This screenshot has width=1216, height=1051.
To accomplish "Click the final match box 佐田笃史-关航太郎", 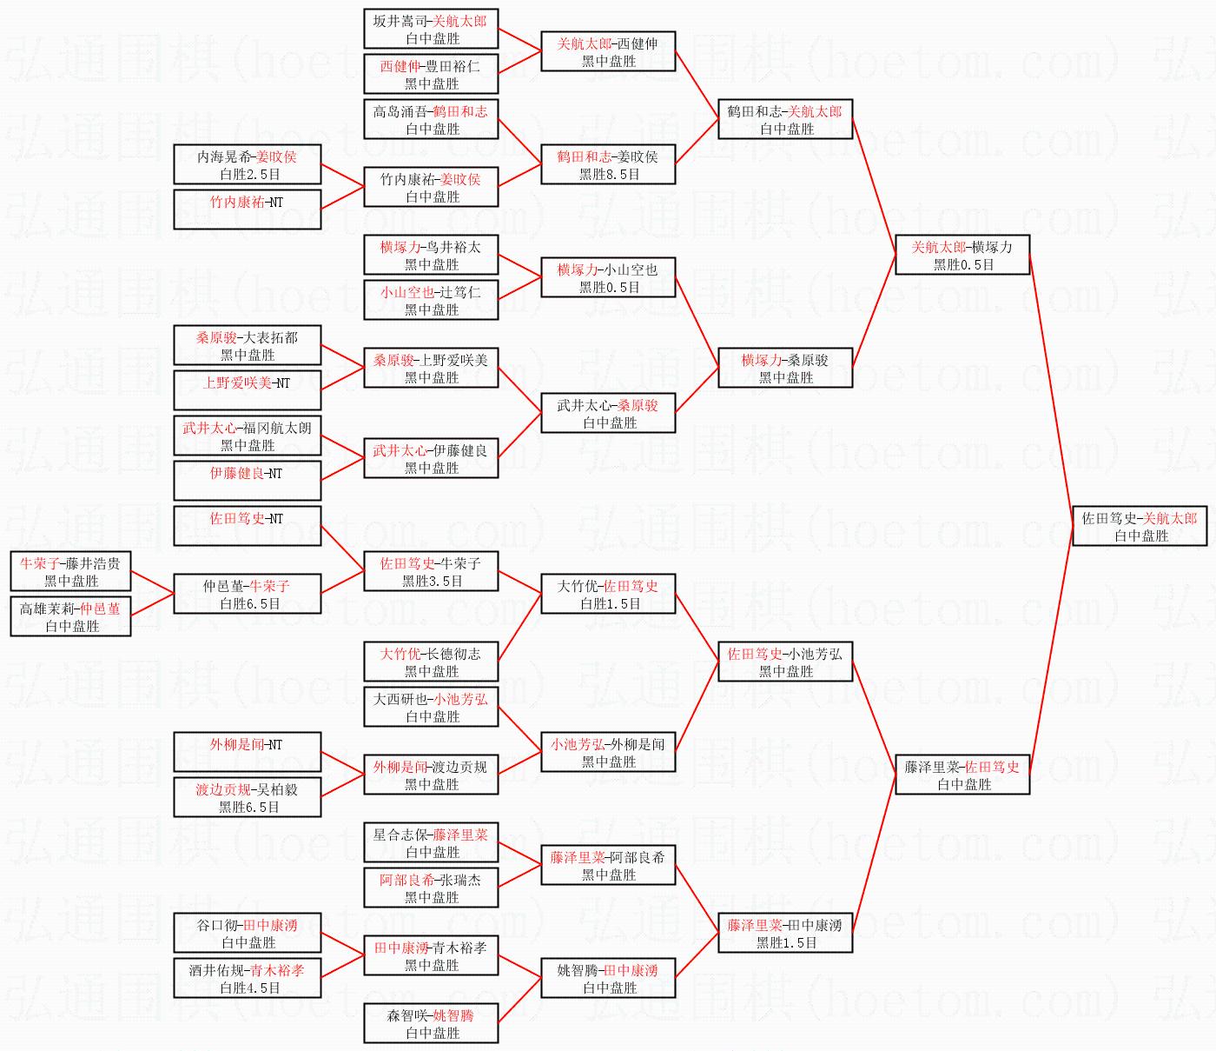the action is (x=1140, y=526).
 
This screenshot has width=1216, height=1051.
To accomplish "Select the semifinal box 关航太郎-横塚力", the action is (x=962, y=255).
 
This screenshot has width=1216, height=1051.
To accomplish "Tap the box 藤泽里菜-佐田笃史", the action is (x=962, y=775).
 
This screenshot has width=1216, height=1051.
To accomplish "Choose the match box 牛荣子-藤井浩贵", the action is (x=70, y=571).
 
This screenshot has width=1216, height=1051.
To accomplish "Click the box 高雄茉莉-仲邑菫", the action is (x=70, y=616).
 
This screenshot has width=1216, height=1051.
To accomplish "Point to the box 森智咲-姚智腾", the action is (x=431, y=1023).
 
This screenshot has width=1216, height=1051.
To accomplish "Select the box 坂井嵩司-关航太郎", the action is (x=431, y=29).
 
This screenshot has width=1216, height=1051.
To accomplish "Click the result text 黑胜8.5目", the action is (x=609, y=174).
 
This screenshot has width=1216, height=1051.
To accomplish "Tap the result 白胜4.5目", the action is (x=249, y=988).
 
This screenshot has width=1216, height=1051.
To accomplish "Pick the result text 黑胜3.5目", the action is (x=432, y=582).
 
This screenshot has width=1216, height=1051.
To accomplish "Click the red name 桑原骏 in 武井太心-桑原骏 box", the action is (x=638, y=406).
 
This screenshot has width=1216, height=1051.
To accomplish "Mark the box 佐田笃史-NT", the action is (x=248, y=526).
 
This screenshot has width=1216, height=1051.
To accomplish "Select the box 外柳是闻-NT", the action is (x=248, y=752).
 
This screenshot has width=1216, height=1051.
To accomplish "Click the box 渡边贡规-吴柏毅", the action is (x=248, y=797).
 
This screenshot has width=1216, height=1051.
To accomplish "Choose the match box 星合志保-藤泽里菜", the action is (x=431, y=842).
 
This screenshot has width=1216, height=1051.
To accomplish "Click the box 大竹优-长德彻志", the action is (x=431, y=662).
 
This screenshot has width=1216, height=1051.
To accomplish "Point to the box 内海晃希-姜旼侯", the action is (x=248, y=164).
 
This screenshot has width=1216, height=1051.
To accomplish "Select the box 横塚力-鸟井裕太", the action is (x=431, y=255).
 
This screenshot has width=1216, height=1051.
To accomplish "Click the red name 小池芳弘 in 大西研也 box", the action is (x=460, y=700).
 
